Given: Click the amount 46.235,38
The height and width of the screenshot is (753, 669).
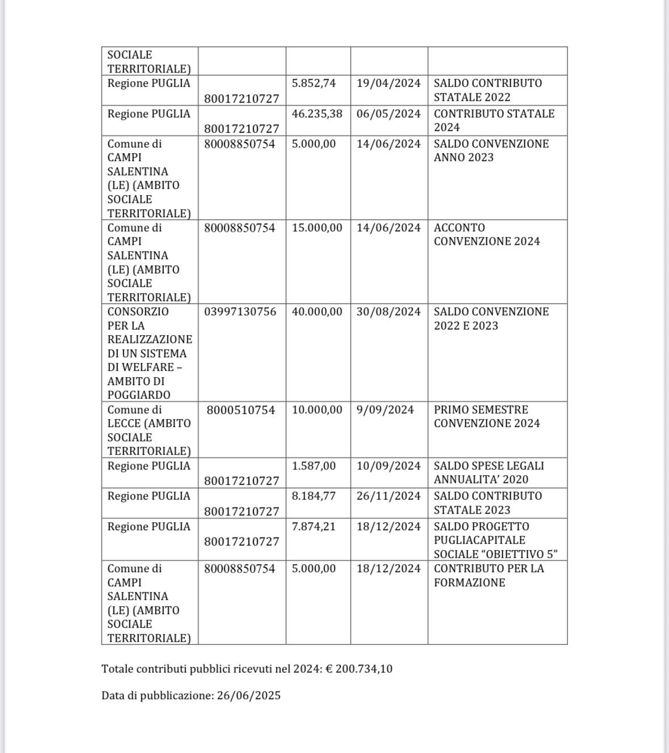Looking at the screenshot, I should (x=317, y=114).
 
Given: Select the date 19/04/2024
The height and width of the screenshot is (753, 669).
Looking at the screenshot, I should (x=389, y=83).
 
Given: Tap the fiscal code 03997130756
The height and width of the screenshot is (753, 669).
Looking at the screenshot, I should (x=240, y=312).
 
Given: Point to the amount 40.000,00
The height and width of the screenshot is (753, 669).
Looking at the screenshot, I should (x=317, y=312).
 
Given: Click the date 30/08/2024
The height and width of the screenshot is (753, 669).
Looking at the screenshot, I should (x=389, y=312).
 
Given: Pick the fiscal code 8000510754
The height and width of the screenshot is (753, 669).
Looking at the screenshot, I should (x=241, y=410).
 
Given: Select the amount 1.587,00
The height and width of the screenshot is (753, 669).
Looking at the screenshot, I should (x=313, y=466).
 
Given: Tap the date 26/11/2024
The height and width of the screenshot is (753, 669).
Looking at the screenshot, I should (x=389, y=496).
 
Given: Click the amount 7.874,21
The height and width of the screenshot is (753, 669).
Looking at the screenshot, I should (x=313, y=527).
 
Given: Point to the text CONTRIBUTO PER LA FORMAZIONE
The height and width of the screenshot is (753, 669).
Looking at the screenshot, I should (x=489, y=576).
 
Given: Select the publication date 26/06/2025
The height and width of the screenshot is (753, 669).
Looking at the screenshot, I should (x=249, y=696).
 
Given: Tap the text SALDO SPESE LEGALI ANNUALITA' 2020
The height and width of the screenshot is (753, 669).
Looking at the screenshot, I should (x=489, y=472).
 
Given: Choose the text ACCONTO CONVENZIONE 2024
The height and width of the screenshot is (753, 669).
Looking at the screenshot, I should (x=487, y=235).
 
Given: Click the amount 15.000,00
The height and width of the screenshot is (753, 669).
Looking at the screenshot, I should (x=317, y=228).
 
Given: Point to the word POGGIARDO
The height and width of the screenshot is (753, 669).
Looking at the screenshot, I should (x=138, y=395).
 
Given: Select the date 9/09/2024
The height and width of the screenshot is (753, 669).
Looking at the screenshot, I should (x=385, y=410).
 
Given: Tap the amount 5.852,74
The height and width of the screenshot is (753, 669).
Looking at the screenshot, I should (x=313, y=83).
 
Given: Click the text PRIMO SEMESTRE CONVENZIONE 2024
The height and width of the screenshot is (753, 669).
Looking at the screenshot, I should (x=487, y=417).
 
